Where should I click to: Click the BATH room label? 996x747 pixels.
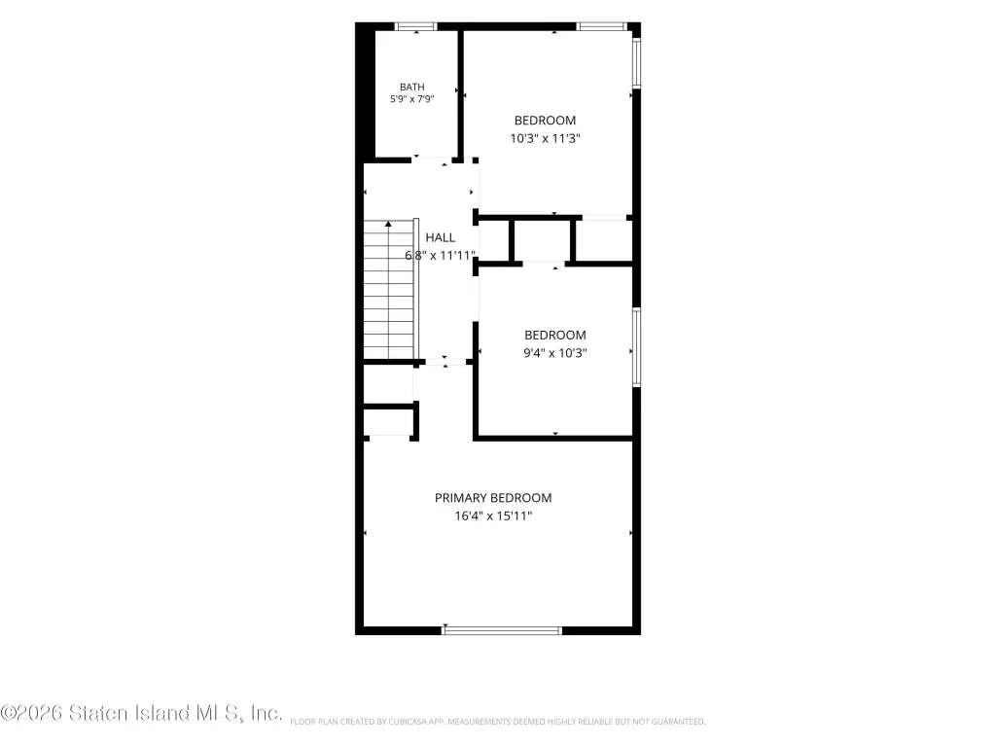(x=412, y=87)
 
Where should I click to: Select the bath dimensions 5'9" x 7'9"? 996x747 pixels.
(x=412, y=99)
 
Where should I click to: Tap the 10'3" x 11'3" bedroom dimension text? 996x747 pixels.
(x=545, y=138)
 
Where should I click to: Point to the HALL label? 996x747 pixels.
(x=441, y=237)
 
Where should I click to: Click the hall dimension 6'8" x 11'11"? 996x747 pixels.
(x=441, y=256)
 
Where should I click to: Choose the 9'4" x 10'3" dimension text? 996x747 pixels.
(x=555, y=353)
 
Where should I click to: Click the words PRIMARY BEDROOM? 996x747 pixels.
(x=493, y=498)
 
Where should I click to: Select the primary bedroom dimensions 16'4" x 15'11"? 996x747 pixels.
(x=493, y=516)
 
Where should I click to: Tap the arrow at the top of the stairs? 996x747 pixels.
(x=388, y=224)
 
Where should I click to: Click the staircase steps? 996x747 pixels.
(x=388, y=290)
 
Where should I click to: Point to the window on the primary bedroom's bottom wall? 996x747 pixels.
(x=502, y=630)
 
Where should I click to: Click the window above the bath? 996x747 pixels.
(x=416, y=26)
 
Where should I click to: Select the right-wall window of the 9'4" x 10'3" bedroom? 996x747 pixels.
(x=636, y=347)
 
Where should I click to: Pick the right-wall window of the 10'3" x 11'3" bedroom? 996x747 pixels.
(x=636, y=62)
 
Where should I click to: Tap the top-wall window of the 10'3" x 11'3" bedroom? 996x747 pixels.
(x=601, y=26)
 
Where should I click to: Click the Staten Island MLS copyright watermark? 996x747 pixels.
(x=141, y=713)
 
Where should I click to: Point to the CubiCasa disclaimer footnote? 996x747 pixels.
(x=497, y=722)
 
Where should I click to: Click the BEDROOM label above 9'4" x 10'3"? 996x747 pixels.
(x=555, y=336)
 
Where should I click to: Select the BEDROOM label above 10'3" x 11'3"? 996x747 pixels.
(x=545, y=121)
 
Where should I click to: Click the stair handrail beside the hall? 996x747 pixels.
(x=416, y=290)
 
